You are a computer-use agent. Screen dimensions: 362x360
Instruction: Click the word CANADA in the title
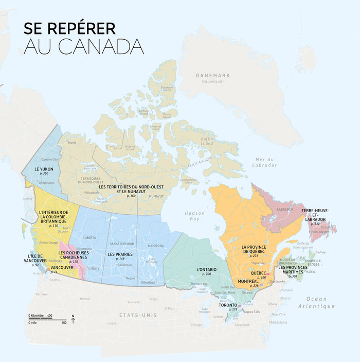(x=101, y=46)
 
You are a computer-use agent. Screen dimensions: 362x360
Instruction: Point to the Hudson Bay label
(x=195, y=216)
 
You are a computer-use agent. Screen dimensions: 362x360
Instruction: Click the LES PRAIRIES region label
(x=120, y=254)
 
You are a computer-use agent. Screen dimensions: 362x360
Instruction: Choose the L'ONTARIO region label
(x=206, y=269)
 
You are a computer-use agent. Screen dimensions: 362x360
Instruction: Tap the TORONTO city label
(x=228, y=305)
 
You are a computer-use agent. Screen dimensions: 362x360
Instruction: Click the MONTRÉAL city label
(x=248, y=281)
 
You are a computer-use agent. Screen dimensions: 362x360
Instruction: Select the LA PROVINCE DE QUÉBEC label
(x=253, y=250)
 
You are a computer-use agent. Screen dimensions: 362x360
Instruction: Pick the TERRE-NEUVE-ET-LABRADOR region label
(x=315, y=215)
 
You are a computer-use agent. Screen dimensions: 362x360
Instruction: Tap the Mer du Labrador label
(x=265, y=162)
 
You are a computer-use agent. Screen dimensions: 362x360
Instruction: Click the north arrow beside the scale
(x=73, y=321)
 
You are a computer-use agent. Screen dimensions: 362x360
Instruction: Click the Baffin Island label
(x=206, y=141)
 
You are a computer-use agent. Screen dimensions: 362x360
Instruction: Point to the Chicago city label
(x=196, y=325)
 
